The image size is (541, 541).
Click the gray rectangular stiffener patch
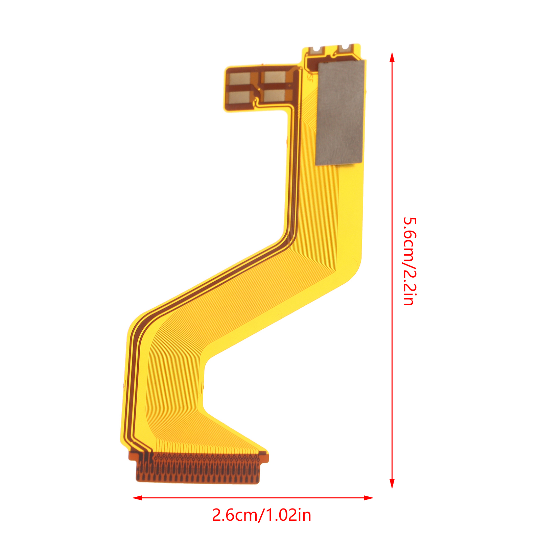point(340,113)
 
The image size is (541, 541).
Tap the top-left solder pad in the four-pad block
point(240,78)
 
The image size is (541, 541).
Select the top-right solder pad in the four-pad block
point(275,77)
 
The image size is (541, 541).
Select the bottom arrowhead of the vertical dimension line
point(392,484)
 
